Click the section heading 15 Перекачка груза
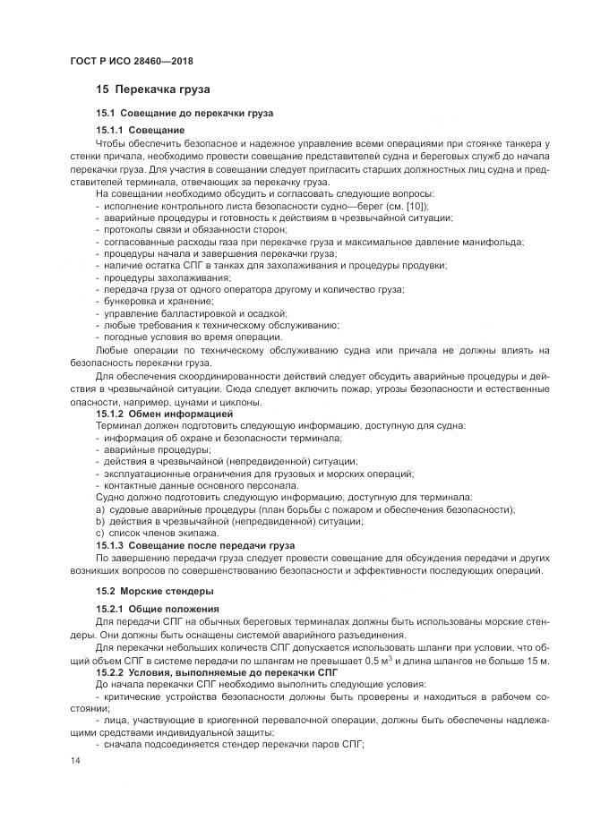(152, 90)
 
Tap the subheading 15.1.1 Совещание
(140, 131)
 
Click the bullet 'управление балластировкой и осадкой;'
(190, 312)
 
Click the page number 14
(74, 760)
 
